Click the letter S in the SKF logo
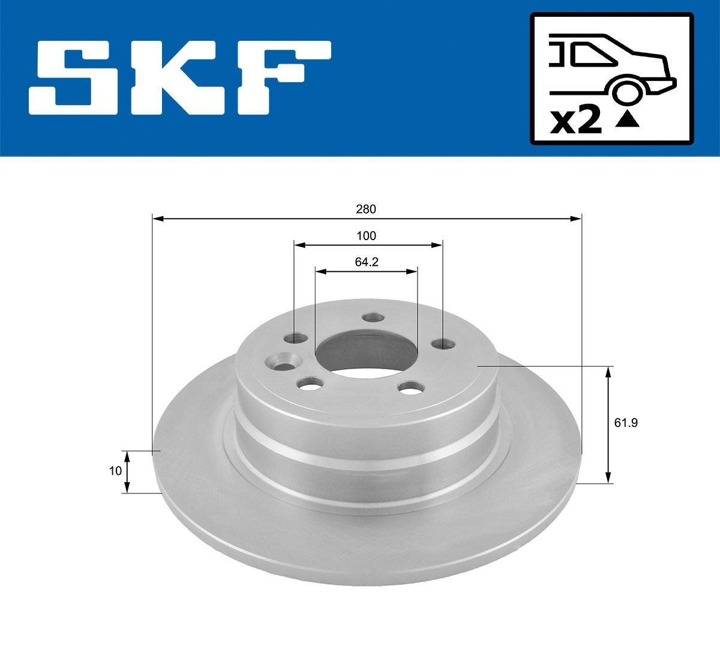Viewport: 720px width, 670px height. [79, 77]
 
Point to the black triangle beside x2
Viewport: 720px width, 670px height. [628, 120]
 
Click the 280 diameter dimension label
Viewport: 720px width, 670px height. [365, 209]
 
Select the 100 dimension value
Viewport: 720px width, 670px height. [366, 236]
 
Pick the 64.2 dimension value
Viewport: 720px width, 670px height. [365, 262]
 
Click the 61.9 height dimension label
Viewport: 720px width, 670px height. [625, 423]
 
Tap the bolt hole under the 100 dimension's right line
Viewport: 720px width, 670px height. [442, 343]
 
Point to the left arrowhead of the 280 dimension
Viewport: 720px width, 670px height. [158, 219]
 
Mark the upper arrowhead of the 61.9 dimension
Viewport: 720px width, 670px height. [609, 372]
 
